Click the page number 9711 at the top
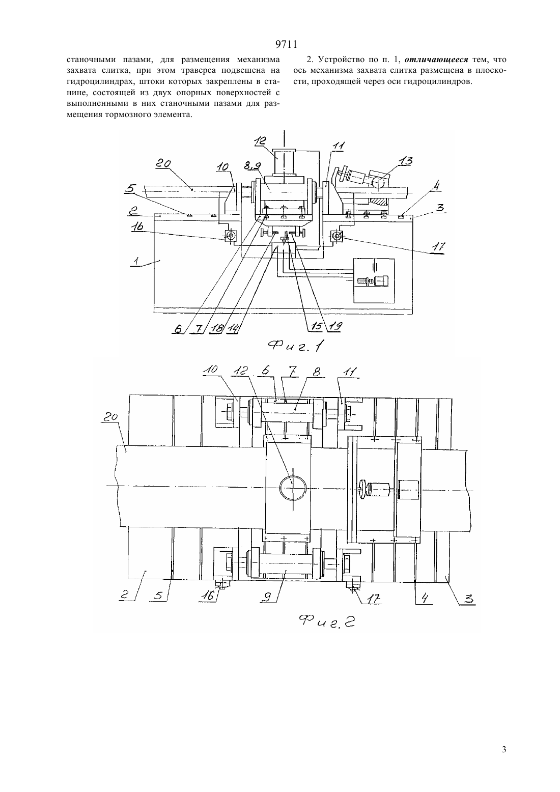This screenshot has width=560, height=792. [286, 44]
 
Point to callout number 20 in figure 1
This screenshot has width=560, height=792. [162, 164]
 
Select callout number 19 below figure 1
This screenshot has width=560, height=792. [334, 327]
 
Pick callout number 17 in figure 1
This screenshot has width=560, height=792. [438, 247]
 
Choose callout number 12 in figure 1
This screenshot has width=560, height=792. [261, 140]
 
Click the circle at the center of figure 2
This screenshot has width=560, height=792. [293, 488]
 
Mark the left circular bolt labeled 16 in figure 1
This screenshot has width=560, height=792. [231, 235]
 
